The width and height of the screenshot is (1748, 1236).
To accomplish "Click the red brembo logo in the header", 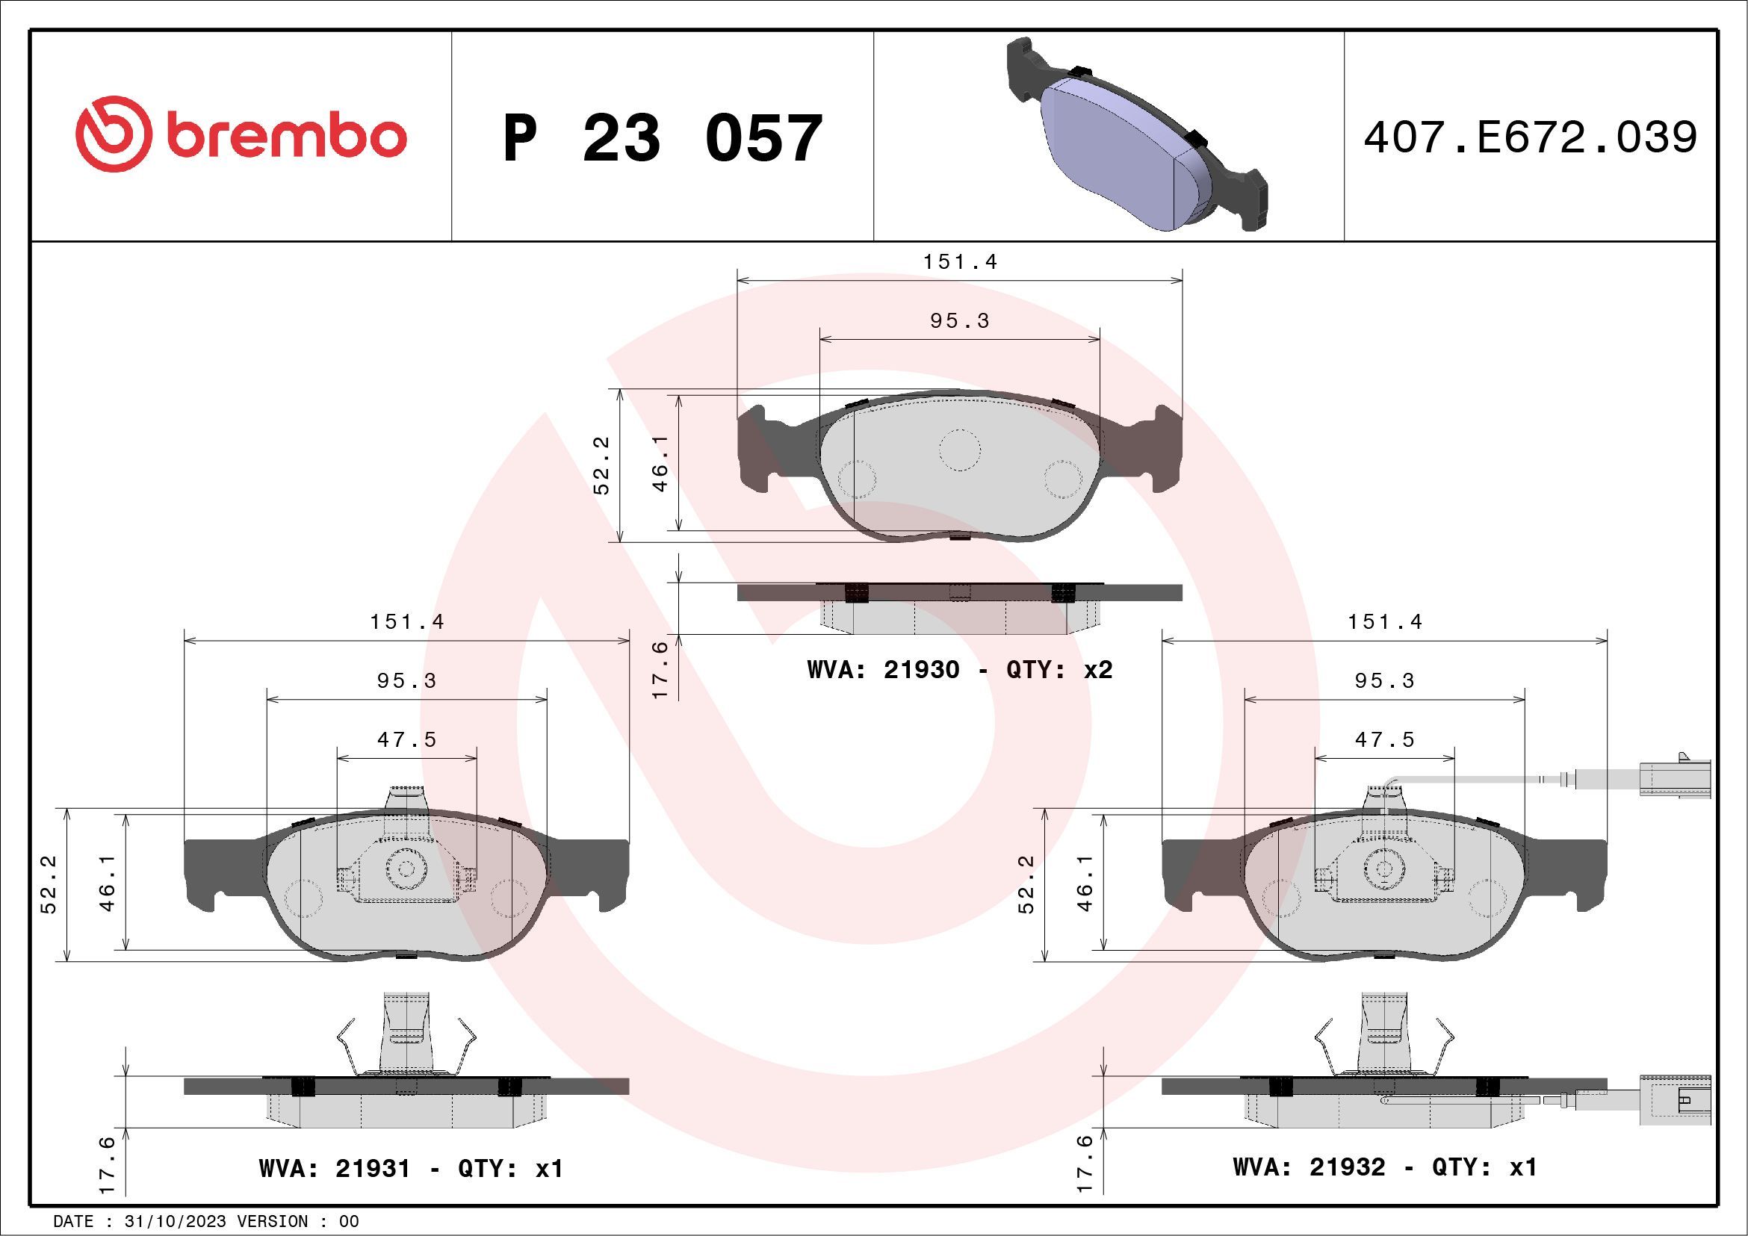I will point(241,135).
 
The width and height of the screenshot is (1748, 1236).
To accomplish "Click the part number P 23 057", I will point(663,138).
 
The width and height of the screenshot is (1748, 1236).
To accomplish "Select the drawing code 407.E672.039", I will point(1531,137).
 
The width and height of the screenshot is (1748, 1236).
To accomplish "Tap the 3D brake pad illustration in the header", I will point(1136,135).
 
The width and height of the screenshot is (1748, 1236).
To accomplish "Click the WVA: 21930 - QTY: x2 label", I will point(959,670).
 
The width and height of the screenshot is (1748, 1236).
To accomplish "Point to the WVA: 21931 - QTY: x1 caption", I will point(411,1168).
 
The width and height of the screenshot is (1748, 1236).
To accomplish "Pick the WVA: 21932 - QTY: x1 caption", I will point(1385,1167).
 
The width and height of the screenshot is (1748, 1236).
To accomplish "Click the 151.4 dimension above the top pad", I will point(960,262).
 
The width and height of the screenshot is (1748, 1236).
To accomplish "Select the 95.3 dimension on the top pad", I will point(960,321).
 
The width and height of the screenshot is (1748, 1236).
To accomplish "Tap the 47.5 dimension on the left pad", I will point(407,740).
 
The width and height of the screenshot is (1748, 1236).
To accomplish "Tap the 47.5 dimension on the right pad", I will point(1385,740).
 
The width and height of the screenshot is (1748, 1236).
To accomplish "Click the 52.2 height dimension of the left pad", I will point(49,884).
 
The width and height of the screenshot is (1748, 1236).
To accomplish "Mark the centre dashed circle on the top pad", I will point(959,450).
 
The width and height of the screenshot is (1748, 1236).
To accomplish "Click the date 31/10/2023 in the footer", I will point(175,1222).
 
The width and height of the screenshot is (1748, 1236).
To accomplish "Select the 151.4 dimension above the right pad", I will point(1385,622).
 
